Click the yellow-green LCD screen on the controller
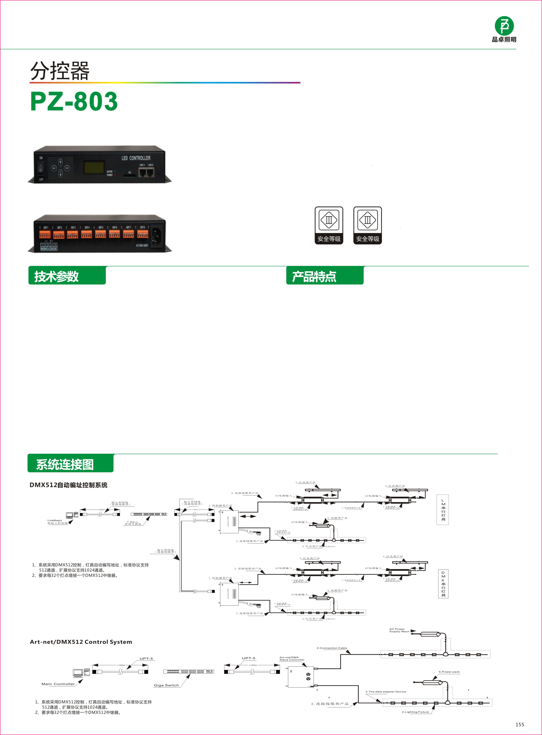coord(94,167)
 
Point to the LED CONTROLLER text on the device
coord(136,158)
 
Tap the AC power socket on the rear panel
coord(156,234)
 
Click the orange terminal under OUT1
coord(45,234)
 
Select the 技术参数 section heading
coord(56,276)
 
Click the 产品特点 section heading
coord(314,276)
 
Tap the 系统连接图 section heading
coord(65,464)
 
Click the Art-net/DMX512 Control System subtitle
coord(81,642)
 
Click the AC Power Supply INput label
coord(399,630)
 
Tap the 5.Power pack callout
coord(449,672)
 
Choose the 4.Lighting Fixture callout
coord(415,712)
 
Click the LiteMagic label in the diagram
coord(55,520)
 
